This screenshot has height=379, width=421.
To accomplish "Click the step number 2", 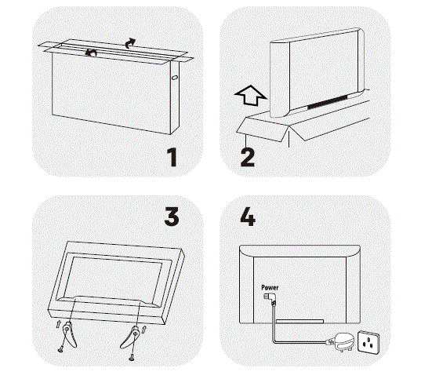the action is (248, 157).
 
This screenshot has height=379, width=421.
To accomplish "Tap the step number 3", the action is (172, 217).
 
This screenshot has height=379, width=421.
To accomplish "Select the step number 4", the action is (248, 217).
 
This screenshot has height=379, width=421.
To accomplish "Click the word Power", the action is (270, 288).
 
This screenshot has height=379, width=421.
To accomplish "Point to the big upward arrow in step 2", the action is (251, 96).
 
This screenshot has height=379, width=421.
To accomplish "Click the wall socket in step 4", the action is (368, 342).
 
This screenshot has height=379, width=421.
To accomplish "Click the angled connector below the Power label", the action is (270, 299).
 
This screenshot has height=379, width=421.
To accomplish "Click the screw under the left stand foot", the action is (60, 349).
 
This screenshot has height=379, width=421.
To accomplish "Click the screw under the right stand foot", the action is (132, 357).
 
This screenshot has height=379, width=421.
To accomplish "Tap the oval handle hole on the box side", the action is (174, 78).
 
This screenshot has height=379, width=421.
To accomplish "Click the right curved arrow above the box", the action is (131, 42).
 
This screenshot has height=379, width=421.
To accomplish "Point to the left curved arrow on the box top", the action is (91, 53).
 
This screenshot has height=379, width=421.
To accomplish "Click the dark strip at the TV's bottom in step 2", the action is (327, 101).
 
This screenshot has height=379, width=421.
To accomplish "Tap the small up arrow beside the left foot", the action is (58, 324).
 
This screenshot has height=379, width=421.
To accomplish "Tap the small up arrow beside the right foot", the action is (144, 330).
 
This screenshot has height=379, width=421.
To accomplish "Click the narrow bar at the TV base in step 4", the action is (300, 321).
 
